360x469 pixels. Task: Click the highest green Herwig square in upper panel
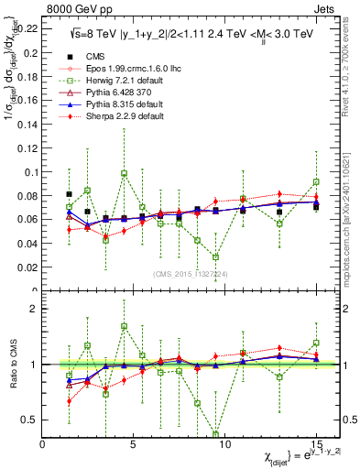pos(124,173)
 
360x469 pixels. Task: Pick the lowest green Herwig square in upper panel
pos(215,257)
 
